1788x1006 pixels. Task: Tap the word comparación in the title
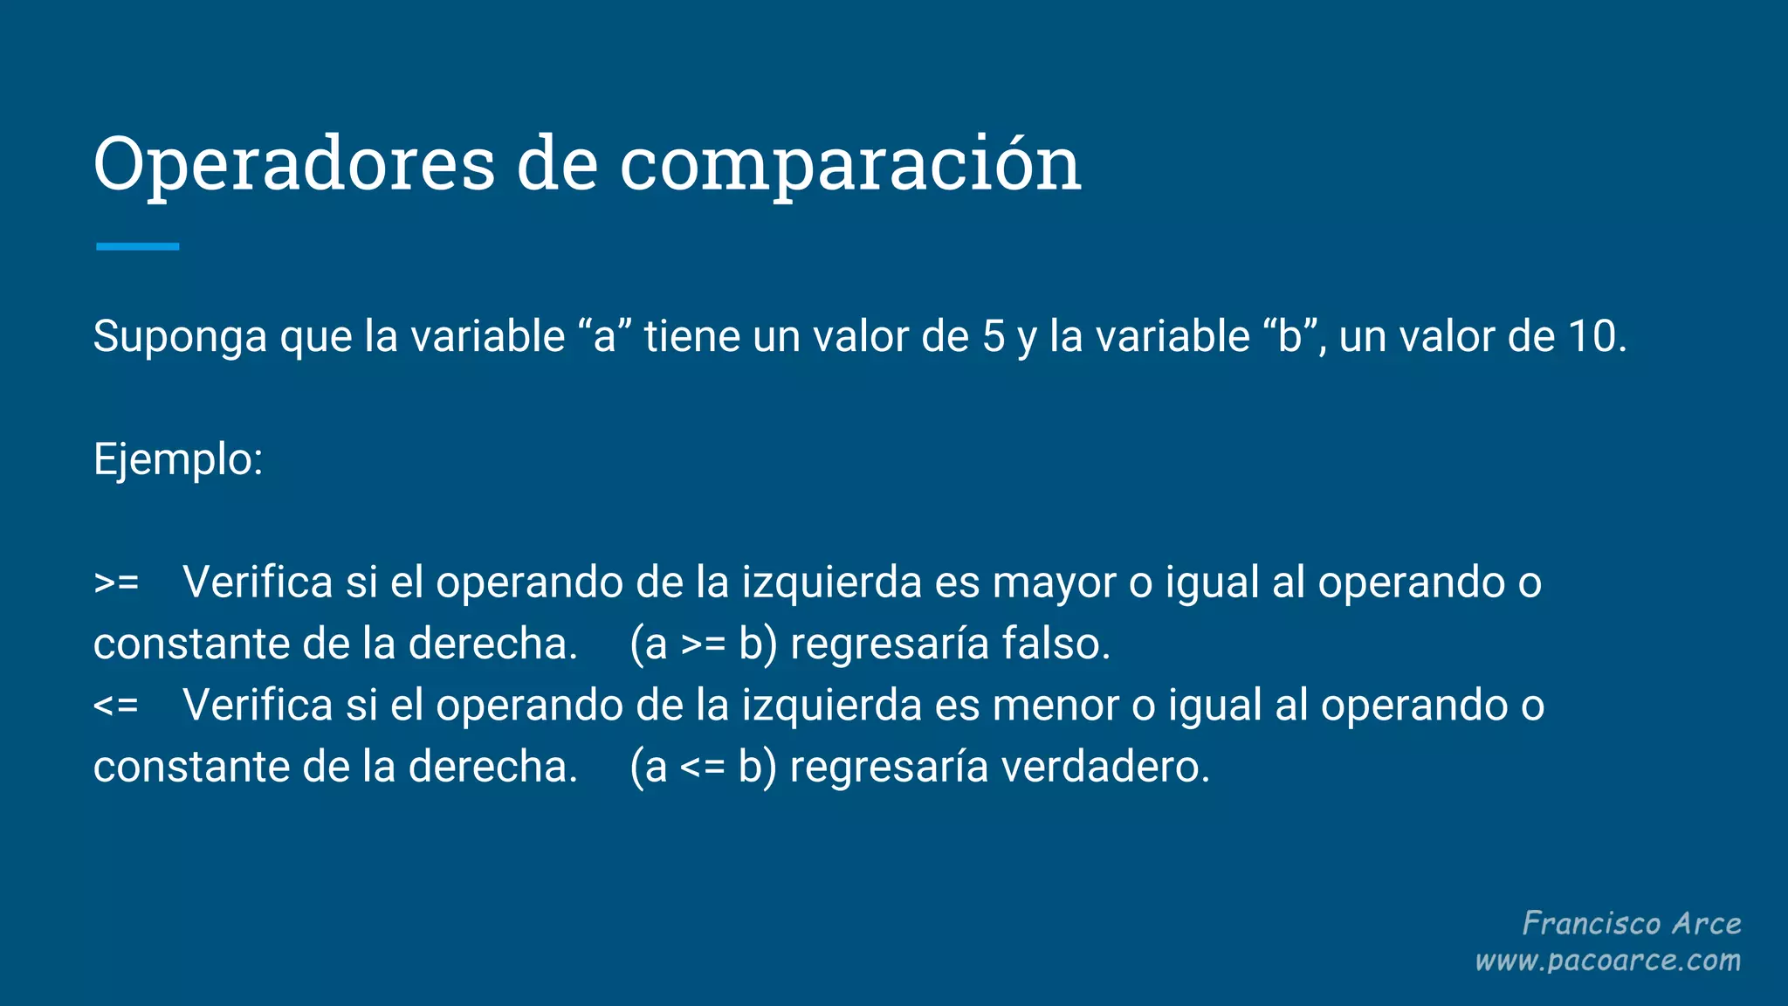[x=850, y=164]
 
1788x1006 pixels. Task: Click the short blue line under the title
[x=137, y=247]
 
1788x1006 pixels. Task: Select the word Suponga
[x=180, y=337]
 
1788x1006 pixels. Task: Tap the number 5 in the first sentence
[x=994, y=336]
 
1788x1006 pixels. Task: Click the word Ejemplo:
[x=178, y=459]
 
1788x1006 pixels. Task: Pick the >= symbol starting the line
[x=116, y=582]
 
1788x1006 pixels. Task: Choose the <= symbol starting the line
[x=116, y=705]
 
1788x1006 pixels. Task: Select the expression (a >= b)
[x=703, y=644]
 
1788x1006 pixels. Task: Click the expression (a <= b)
[x=703, y=767]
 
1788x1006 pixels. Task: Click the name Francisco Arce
[x=1631, y=923]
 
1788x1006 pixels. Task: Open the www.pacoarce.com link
[x=1607, y=961]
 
